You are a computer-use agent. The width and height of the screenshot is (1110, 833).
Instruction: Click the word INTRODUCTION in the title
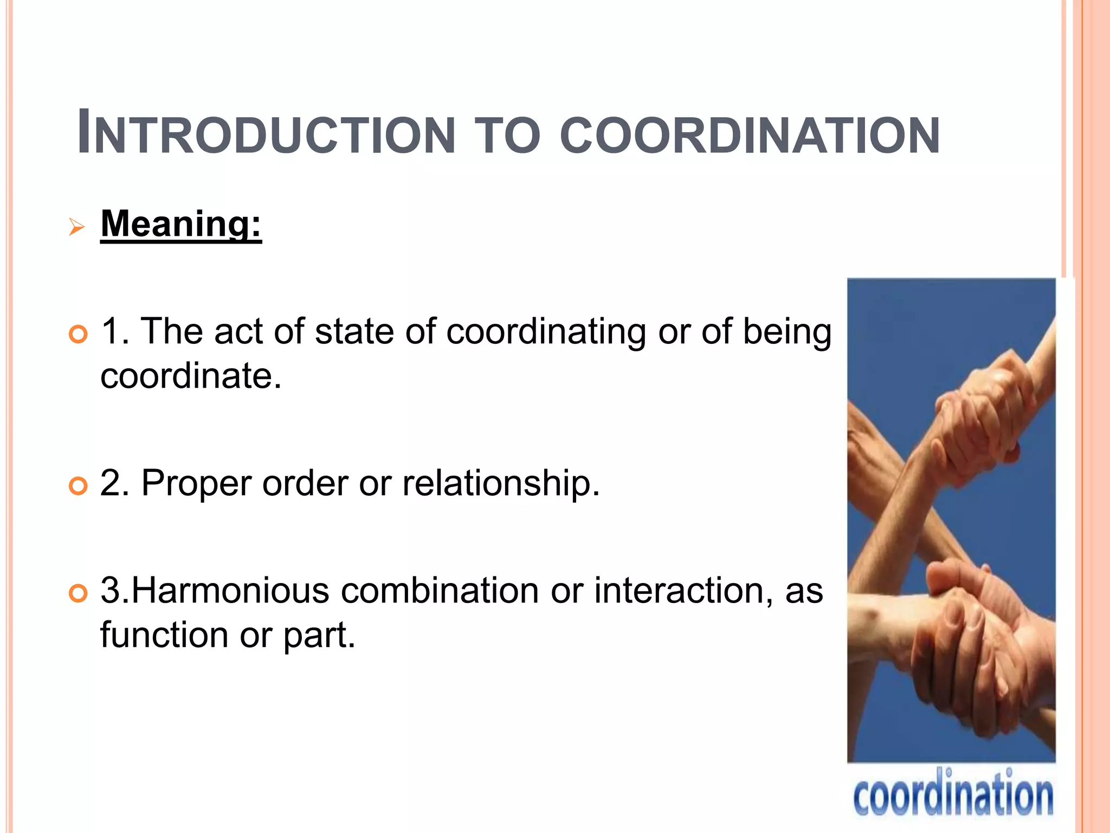266,133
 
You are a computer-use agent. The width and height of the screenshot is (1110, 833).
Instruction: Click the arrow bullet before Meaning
77,227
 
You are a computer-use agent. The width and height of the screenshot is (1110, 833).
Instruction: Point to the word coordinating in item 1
546,332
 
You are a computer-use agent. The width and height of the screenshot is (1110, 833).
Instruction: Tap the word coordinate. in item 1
191,376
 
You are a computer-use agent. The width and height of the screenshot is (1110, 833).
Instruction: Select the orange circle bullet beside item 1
79,334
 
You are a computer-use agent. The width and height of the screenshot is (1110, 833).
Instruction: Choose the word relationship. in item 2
501,483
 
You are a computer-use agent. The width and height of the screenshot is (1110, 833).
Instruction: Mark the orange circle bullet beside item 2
79,485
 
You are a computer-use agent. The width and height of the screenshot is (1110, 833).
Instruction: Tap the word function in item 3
164,635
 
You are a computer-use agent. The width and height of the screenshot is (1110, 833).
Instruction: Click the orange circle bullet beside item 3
79,593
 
